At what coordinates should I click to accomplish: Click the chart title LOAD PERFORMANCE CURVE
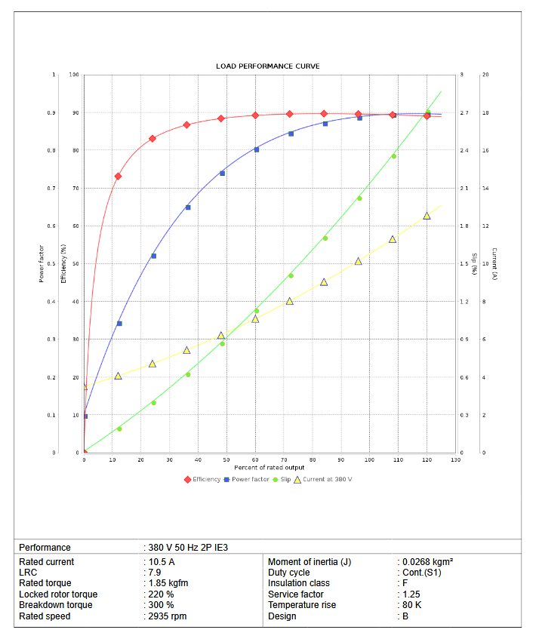pyautogui.click(x=267, y=66)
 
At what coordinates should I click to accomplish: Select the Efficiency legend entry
pyautogui.click(x=206, y=479)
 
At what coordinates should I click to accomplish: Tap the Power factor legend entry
pyautogui.click(x=250, y=479)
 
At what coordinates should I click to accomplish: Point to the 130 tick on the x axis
pyautogui.click(x=455, y=459)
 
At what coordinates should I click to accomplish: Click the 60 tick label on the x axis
pyautogui.click(x=256, y=459)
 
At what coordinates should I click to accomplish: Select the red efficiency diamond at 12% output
pyautogui.click(x=118, y=177)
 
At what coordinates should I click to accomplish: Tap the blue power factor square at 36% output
pyautogui.click(x=188, y=207)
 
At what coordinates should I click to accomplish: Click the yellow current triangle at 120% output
pyautogui.click(x=427, y=216)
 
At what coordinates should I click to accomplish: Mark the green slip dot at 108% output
pyautogui.click(x=393, y=156)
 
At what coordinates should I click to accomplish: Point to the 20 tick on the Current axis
pyautogui.click(x=485, y=75)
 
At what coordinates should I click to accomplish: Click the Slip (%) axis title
pyautogui.click(x=474, y=263)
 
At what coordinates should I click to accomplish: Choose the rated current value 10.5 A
pyautogui.click(x=162, y=562)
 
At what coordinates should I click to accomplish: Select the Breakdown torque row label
pyautogui.click(x=55, y=605)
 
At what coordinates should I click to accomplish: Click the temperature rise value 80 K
pyautogui.click(x=412, y=605)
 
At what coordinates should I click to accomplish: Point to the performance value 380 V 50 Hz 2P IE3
pyautogui.click(x=186, y=548)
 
